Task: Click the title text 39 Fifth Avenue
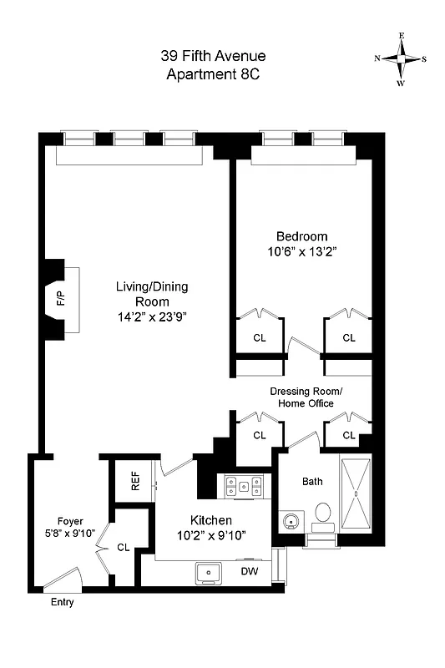point(213,57)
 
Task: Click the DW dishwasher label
point(248,572)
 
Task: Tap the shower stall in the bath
point(357,495)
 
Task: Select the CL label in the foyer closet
point(124,548)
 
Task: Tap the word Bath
point(312,481)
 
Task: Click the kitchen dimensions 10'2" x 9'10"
point(210,534)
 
